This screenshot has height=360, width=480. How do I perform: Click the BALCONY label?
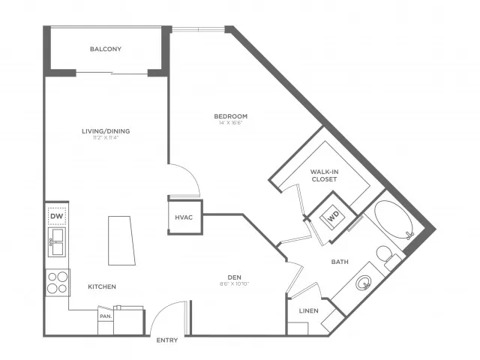pyautogui.click(x=106, y=49)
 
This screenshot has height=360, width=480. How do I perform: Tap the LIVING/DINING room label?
pyautogui.click(x=106, y=132)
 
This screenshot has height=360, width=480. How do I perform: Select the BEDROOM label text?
pyautogui.click(x=230, y=116)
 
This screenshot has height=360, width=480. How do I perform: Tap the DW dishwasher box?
pyautogui.click(x=57, y=217)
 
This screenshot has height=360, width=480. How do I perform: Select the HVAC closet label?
pyautogui.click(x=184, y=218)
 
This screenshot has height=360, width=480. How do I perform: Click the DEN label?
pyautogui.click(x=235, y=277)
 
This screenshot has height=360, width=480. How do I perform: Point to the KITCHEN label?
pyautogui.click(x=101, y=287)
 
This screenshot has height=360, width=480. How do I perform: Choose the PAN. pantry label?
pyautogui.click(x=105, y=316)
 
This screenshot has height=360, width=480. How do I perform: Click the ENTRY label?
pyautogui.click(x=166, y=340)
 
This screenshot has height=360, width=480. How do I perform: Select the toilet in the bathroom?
pyautogui.click(x=387, y=257)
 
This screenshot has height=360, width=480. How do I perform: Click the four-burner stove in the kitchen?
pyautogui.click(x=57, y=282)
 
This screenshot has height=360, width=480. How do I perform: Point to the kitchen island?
pyautogui.click(x=122, y=240)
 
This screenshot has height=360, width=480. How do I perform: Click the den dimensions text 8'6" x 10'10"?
pyautogui.click(x=235, y=284)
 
